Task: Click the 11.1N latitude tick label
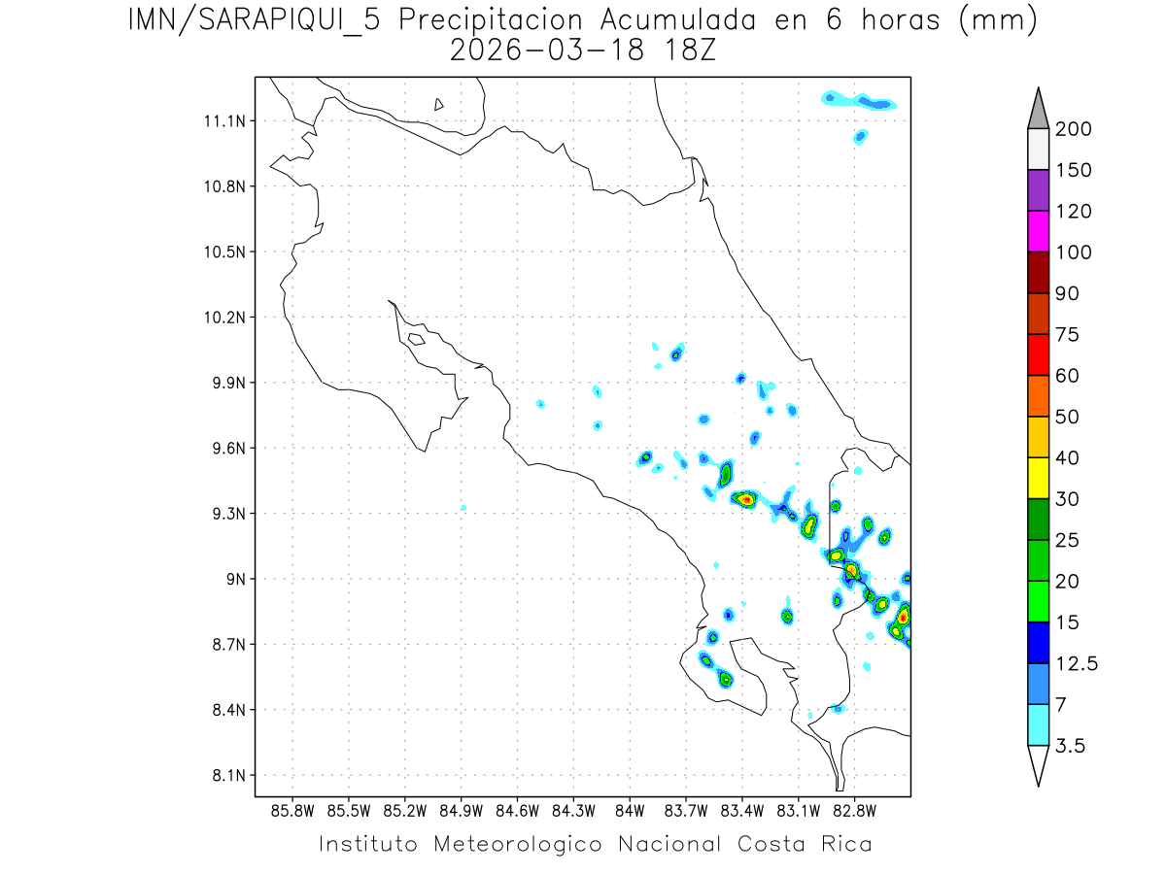pyautogui.click(x=223, y=120)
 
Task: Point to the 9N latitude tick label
pyautogui.click(x=232, y=579)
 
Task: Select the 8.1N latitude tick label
pyautogui.click(x=226, y=775)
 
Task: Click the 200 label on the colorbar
pyautogui.click(x=1074, y=129)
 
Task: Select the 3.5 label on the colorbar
pyautogui.click(x=1072, y=746)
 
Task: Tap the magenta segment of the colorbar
pyautogui.click(x=1037, y=231)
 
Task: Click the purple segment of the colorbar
pyautogui.click(x=1037, y=190)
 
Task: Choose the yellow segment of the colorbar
pyautogui.click(x=1037, y=478)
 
